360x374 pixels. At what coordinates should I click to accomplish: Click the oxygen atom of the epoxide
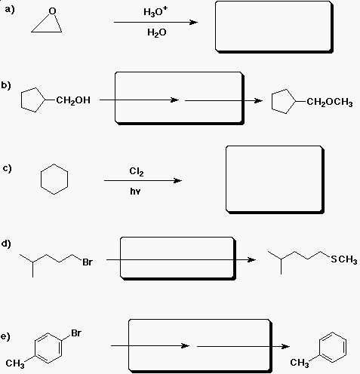point(52,11)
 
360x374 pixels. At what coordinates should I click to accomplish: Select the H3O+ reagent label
point(155,11)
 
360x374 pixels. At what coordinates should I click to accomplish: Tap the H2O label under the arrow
point(157,32)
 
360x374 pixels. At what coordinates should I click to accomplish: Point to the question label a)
point(10,10)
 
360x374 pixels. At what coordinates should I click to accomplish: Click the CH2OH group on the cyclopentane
point(73,100)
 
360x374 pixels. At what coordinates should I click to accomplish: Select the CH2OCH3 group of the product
point(330,102)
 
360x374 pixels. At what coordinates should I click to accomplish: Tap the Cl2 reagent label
point(137,171)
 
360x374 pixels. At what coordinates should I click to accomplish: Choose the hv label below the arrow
point(135,192)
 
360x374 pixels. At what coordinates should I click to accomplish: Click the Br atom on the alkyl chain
point(88,262)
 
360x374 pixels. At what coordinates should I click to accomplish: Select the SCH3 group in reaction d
point(344,259)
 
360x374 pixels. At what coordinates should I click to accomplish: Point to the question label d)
point(6,244)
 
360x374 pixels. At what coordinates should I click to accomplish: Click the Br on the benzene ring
point(76,333)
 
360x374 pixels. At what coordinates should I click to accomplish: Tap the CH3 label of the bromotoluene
point(15,363)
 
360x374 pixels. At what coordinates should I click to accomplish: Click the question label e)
point(5,336)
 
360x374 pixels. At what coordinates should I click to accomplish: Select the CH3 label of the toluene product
point(300,363)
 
